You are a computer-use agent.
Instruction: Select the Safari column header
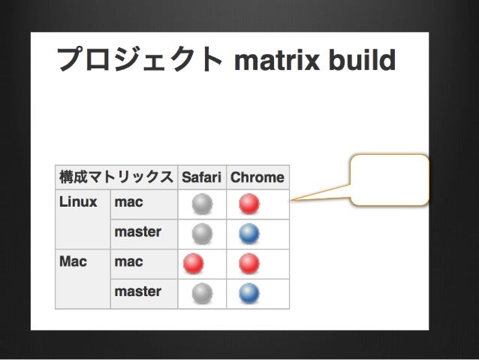tap(201, 178)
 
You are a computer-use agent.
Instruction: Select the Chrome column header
tap(258, 178)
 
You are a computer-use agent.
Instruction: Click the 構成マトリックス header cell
tap(116, 178)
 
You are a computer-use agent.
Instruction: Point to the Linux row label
tap(78, 202)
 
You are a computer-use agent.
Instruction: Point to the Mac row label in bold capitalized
tap(73, 262)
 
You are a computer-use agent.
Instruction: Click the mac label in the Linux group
tap(128, 202)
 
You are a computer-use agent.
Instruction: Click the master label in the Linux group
tap(137, 232)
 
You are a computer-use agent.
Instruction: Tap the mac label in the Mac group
tap(128, 262)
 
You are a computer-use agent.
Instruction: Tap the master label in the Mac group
tap(137, 292)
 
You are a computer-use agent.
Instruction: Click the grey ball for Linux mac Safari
tap(202, 204)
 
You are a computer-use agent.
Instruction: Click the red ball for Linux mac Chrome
tap(249, 204)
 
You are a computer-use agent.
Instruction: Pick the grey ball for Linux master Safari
tap(202, 234)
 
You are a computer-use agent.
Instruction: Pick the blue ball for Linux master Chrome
tap(249, 234)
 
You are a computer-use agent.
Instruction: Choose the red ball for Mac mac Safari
tap(194, 263)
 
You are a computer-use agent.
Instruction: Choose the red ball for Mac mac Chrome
tap(249, 263)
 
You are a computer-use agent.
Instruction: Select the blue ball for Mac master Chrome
tap(249, 293)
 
